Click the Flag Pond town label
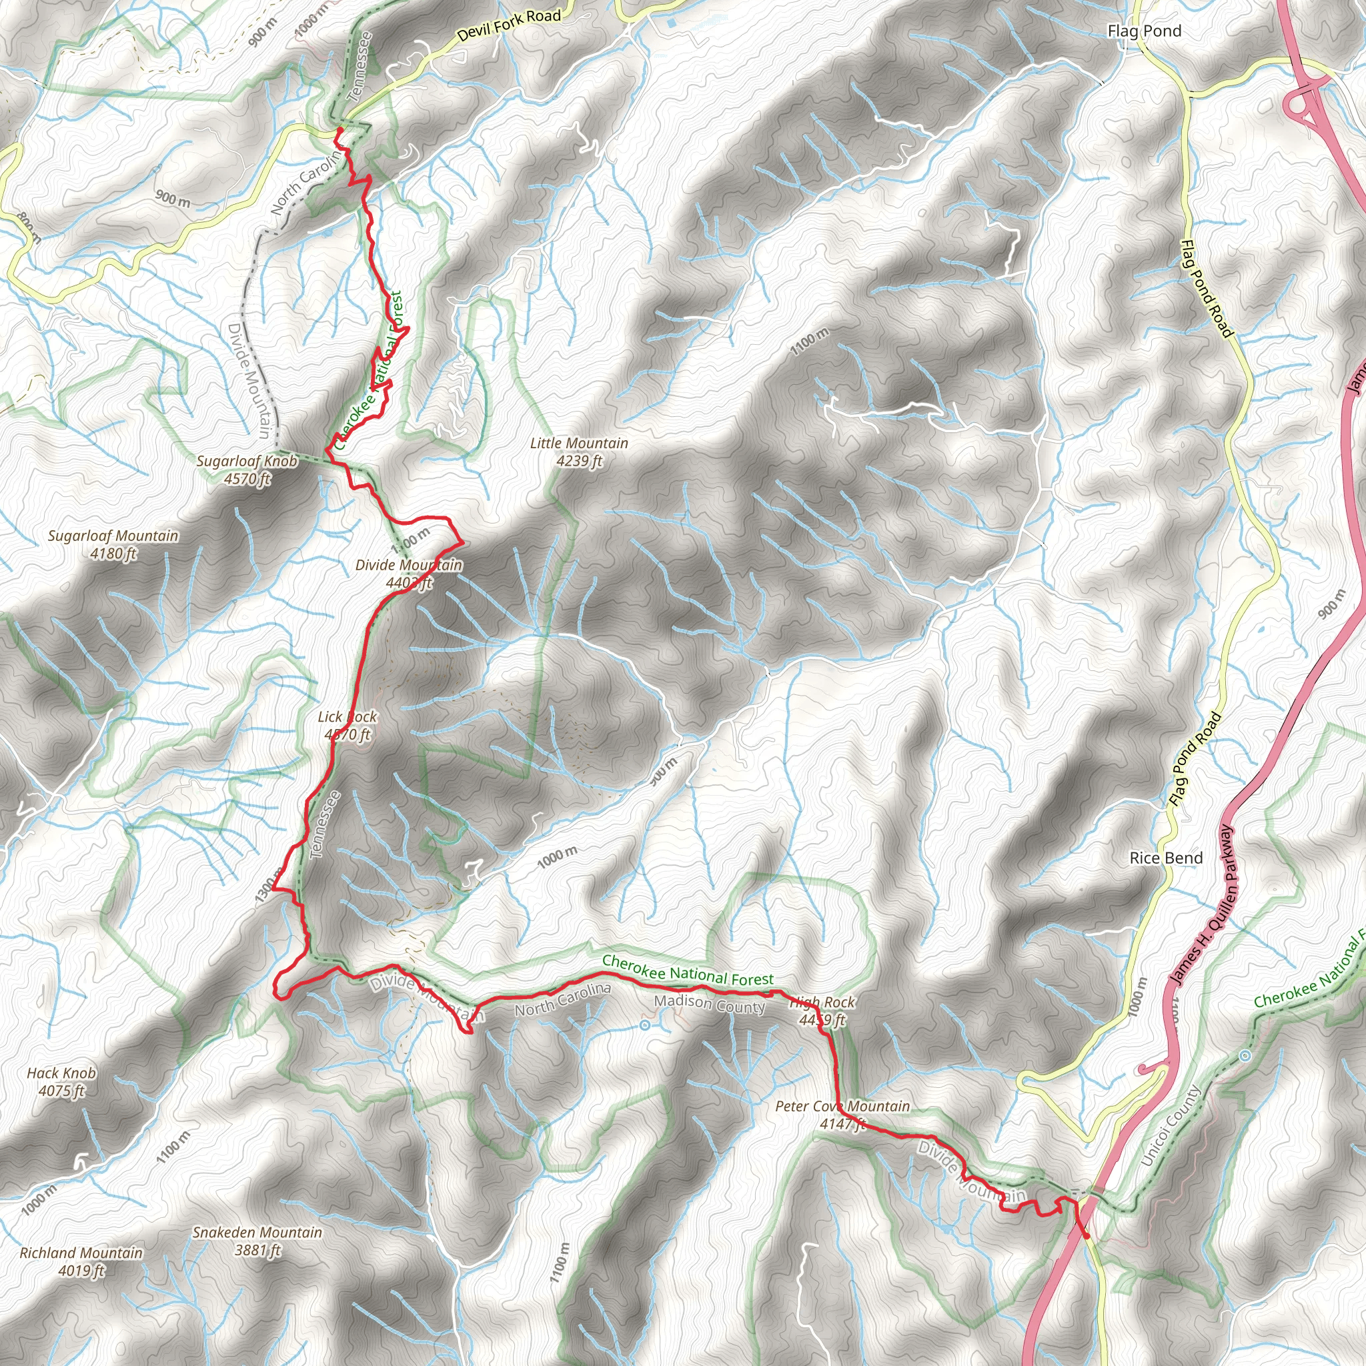click(x=1144, y=31)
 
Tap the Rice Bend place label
click(x=1166, y=858)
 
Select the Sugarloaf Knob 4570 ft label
click(x=247, y=470)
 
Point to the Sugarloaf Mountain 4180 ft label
click(x=113, y=544)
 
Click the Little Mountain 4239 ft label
click(x=579, y=452)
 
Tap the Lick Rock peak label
click(x=347, y=726)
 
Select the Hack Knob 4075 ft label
click(x=61, y=1082)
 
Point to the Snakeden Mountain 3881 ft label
click(x=257, y=1241)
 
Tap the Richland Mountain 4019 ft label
click(x=81, y=1261)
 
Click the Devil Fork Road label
click(x=508, y=25)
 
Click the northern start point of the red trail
click(x=339, y=130)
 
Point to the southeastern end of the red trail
click(x=1085, y=1236)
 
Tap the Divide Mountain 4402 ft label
click(x=409, y=574)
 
